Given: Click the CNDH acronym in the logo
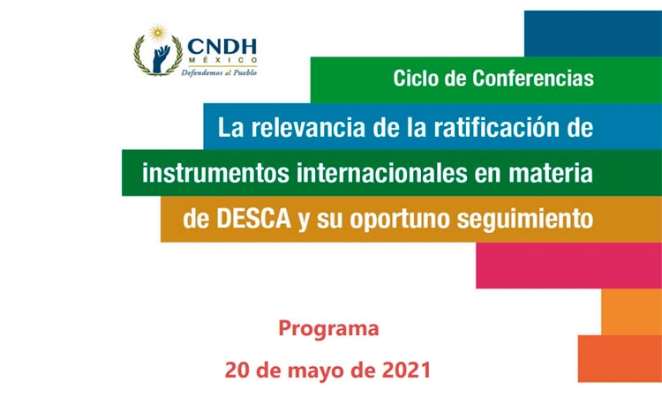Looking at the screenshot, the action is point(222,48).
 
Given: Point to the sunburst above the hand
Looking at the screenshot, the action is point(157,33).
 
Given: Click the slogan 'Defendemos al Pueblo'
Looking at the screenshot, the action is point(219,72).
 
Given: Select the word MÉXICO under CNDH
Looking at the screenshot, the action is point(222,60).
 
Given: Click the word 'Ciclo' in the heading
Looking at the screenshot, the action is point(416,79).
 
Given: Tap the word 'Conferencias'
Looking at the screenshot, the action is point(533,79).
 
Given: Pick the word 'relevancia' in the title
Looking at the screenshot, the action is point(308,127).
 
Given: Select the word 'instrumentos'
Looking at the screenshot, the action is point(215,173).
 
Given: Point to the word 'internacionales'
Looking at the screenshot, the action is point(381,173).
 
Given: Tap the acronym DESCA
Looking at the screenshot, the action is point(254,219).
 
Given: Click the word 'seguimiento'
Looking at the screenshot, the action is point(525,220).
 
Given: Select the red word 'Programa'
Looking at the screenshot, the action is point(328,329).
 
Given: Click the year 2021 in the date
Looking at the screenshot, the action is point(407,370).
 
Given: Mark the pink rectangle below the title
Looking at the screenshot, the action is point(568,266).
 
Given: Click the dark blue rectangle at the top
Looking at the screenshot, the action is point(593,34).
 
